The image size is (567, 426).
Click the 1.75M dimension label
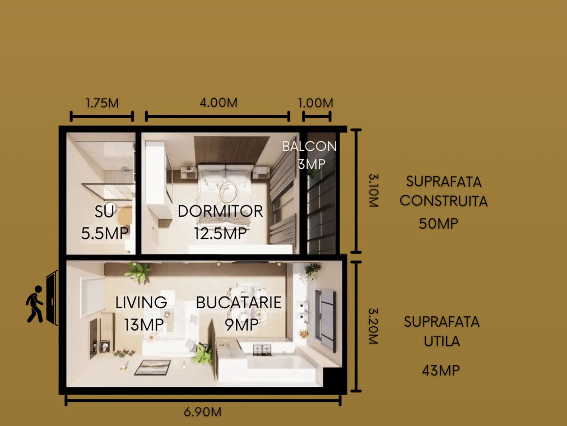click(102, 103)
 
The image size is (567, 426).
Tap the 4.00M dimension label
click(219, 103)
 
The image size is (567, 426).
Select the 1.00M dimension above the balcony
click(316, 103)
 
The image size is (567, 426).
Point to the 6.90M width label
click(202, 412)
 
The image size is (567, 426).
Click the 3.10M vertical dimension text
click(374, 190)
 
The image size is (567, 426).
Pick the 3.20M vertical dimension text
click(374, 326)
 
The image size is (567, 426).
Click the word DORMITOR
click(220, 211)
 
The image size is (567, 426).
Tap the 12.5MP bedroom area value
click(220, 233)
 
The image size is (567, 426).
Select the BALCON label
click(309, 146)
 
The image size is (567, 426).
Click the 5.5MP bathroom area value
click(105, 233)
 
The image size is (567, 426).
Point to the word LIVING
click(141, 303)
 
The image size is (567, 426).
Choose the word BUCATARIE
click(239, 303)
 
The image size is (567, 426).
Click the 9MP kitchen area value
click(241, 325)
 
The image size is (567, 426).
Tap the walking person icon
click(35, 304)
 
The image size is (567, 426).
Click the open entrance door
click(52, 298)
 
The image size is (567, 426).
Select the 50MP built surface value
click(439, 224)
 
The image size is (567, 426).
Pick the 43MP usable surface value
click(441, 371)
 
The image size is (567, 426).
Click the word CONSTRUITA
click(444, 201)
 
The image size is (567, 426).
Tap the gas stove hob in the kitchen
click(262, 350)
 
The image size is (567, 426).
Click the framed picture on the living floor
click(152, 367)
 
